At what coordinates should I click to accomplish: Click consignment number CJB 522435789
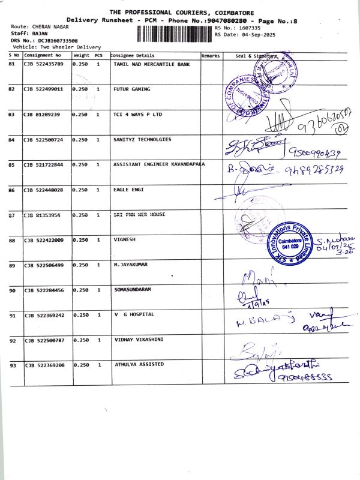click(x=43, y=64)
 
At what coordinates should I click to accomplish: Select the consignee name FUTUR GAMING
click(x=132, y=89)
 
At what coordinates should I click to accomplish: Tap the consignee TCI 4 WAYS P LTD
click(x=137, y=115)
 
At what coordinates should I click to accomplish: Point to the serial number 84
click(x=12, y=140)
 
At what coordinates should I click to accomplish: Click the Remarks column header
click(x=211, y=56)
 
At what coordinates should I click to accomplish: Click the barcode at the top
click(x=175, y=31)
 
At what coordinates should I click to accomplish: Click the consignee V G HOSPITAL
click(x=134, y=314)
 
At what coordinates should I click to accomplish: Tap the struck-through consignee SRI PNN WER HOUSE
click(x=139, y=214)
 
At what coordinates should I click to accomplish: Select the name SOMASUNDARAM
click(x=133, y=290)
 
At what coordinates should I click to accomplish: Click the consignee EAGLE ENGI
click(x=128, y=190)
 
